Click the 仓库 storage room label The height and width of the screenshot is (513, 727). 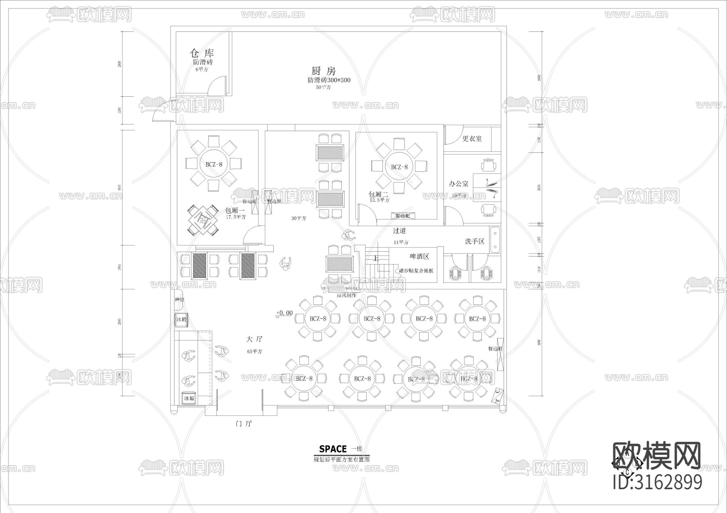click(x=202, y=53)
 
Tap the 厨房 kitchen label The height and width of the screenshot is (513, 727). click(x=324, y=71)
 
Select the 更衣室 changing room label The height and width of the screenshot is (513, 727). click(x=472, y=139)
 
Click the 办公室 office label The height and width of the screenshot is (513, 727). click(x=458, y=184)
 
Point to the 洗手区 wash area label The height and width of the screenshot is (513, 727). click(x=474, y=241)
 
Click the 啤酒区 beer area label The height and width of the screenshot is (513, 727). click(x=419, y=256)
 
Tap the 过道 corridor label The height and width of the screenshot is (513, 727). click(x=399, y=231)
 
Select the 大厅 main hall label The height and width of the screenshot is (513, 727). click(x=254, y=339)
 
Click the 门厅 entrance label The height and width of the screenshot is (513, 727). click(x=244, y=423)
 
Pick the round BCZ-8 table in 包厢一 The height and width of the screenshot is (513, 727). click(x=214, y=164)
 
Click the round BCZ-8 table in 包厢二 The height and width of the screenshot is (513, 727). click(x=399, y=167)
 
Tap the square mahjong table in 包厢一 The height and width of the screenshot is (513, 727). click(x=204, y=221)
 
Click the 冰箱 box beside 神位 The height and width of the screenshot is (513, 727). click(x=181, y=319)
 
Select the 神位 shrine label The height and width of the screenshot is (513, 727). click(x=179, y=300)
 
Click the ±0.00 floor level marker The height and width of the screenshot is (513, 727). click(x=284, y=313)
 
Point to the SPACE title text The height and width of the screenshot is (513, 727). click(x=333, y=449)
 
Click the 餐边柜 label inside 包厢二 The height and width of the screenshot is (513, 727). click(x=402, y=216)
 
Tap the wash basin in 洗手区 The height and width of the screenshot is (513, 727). click(x=495, y=240)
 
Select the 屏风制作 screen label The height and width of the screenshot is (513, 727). click(x=347, y=295)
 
